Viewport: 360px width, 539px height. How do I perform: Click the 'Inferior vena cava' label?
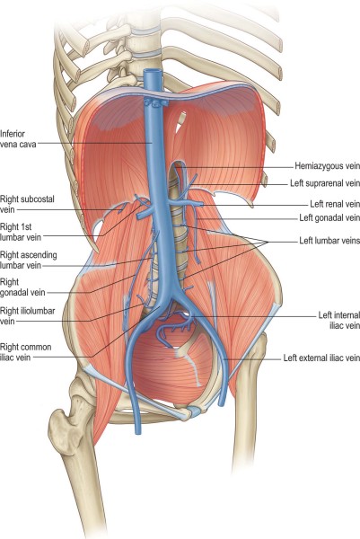[18, 139]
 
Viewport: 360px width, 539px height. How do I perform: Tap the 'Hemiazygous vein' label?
[328, 166]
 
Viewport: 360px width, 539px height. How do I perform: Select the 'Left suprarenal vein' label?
[325, 183]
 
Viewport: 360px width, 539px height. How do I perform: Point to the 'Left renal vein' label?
[335, 204]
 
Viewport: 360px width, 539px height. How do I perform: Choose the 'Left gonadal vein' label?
[329, 217]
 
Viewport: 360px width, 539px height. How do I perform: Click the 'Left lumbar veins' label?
[329, 240]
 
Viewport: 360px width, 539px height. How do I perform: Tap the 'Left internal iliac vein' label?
[339, 320]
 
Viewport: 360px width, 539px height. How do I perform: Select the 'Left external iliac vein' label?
[321, 358]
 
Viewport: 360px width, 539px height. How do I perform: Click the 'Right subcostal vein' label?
[27, 204]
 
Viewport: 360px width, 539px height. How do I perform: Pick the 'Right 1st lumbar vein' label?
[21, 232]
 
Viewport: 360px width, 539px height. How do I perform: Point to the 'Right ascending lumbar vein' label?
[29, 261]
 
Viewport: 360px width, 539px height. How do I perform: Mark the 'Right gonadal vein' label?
[22, 287]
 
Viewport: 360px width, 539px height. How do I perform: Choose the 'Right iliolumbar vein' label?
[28, 316]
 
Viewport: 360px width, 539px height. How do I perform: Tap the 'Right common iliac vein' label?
[26, 352]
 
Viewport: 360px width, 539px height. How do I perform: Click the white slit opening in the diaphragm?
[181, 122]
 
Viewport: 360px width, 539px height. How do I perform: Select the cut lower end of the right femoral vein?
[137, 430]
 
